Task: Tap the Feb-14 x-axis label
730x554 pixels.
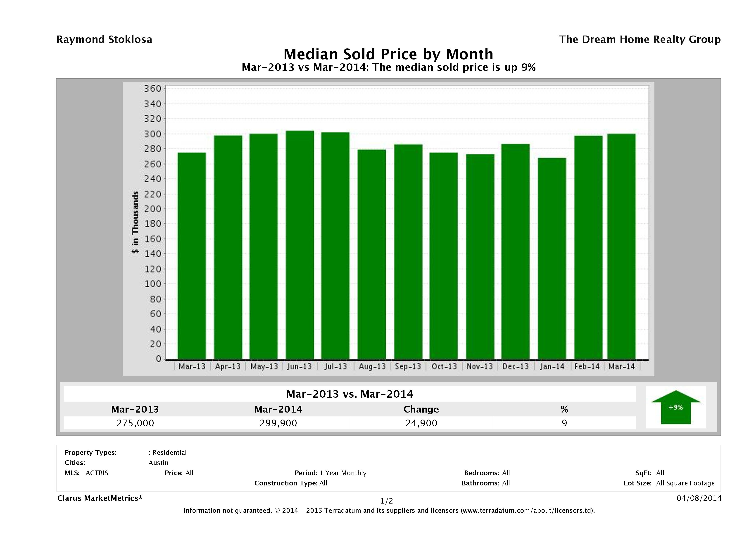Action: (x=587, y=366)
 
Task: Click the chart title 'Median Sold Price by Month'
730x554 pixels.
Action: (x=388, y=54)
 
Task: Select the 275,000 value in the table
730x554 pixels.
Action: (x=135, y=423)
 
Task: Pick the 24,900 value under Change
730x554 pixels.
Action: (x=421, y=423)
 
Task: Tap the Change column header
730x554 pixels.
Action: (x=421, y=409)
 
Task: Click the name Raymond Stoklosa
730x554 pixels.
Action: (x=104, y=40)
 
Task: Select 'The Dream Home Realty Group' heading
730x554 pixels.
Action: (x=640, y=40)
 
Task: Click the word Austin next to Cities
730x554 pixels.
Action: (x=158, y=463)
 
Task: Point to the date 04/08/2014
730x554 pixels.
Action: (x=699, y=498)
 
